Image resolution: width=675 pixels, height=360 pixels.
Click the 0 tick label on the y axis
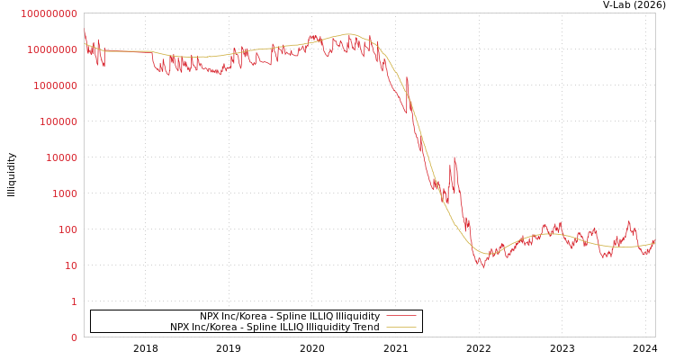pyautogui.click(x=74, y=337)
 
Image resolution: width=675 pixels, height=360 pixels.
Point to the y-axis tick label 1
pyautogui.click(x=74, y=301)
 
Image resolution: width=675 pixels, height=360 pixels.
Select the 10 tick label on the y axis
pyautogui.click(x=70, y=265)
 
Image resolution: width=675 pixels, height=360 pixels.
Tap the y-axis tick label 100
pyautogui.click(x=67, y=229)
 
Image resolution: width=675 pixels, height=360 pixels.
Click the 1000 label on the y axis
pyautogui.click(x=65, y=193)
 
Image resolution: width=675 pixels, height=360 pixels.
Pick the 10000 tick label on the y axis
pyautogui.click(x=61, y=157)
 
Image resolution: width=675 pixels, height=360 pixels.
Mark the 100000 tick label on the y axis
pyautogui.click(x=58, y=121)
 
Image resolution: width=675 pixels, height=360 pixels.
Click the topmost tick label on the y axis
pyautogui.click(x=49, y=13)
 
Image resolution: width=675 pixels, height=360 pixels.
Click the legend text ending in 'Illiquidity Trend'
pyautogui.click(x=274, y=328)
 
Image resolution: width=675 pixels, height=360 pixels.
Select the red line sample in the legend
pyautogui.click(x=400, y=316)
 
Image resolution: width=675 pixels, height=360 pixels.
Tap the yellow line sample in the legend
pyautogui.click(x=400, y=327)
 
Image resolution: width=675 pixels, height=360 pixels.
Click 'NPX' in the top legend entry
pyautogui.click(x=210, y=317)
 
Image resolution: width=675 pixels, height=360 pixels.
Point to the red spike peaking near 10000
pyautogui.click(x=454, y=159)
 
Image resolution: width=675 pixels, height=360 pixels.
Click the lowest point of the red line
pyautogui.click(x=483, y=267)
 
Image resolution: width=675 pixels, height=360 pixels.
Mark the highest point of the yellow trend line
pyautogui.click(x=349, y=34)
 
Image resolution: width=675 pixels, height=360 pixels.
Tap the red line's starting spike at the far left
pyautogui.click(x=85, y=32)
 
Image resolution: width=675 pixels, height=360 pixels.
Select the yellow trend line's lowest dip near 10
pyautogui.click(x=486, y=254)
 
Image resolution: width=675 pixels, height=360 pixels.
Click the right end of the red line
pyautogui.click(x=654, y=240)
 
